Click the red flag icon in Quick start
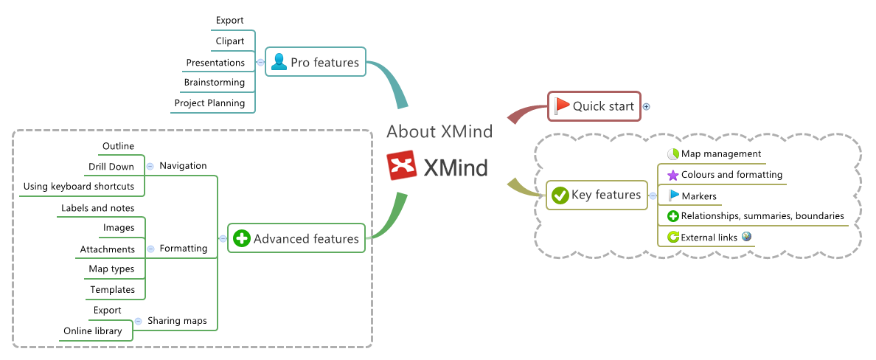click(562, 105)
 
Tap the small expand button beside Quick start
click(647, 106)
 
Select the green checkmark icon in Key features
click(560, 195)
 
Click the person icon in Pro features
click(279, 62)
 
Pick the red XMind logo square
click(403, 167)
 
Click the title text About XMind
click(439, 131)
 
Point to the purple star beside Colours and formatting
click(672, 175)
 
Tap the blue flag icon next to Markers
click(673, 195)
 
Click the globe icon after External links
click(747, 236)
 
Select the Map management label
click(720, 153)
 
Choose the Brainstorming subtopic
click(214, 83)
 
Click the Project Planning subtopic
click(209, 103)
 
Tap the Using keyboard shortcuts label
click(79, 186)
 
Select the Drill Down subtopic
click(111, 166)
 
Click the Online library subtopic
click(93, 330)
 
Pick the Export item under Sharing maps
click(108, 311)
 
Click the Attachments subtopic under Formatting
click(108, 249)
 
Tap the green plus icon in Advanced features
click(242, 238)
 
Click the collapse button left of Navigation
click(150, 166)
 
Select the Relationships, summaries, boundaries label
click(762, 216)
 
